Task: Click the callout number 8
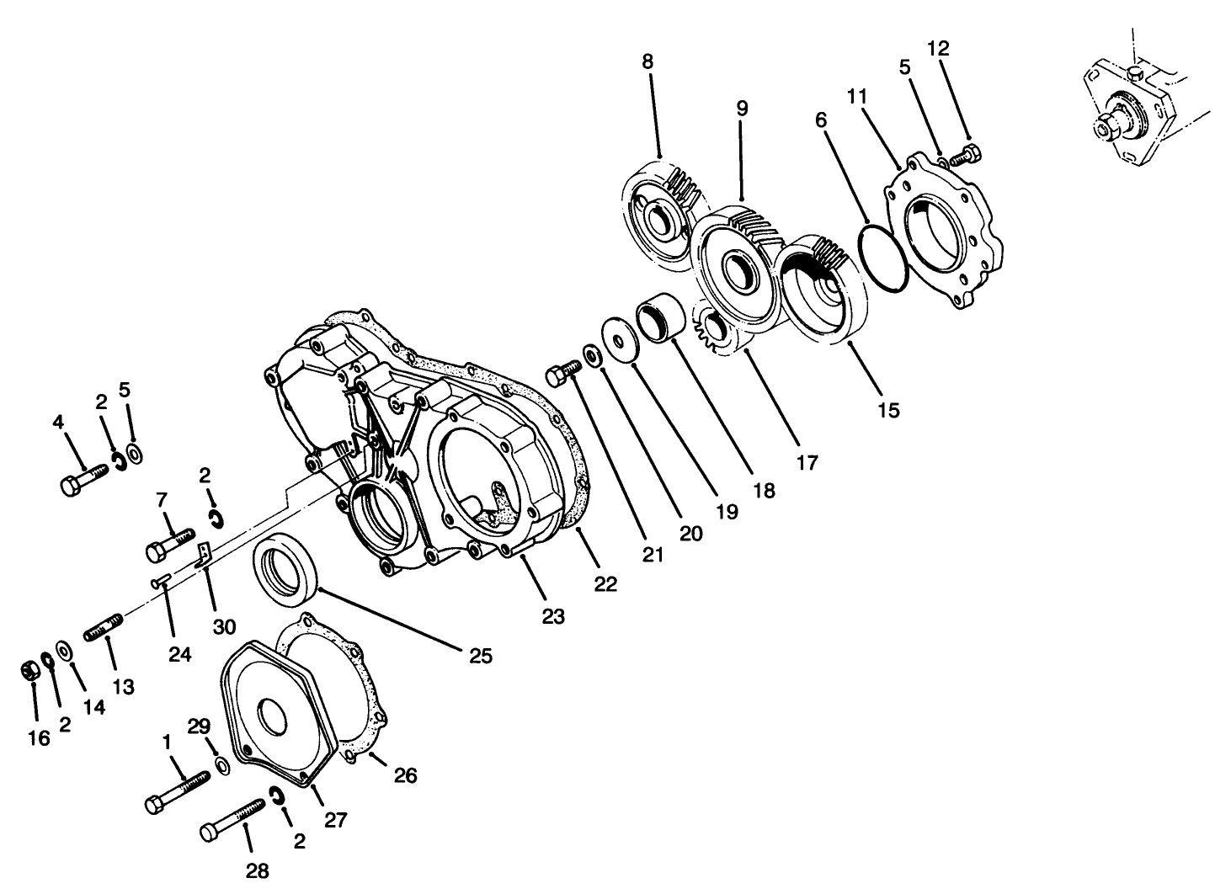[x=647, y=61]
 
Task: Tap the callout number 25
[x=480, y=656]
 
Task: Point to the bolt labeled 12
[x=966, y=156]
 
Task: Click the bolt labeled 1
[x=178, y=792]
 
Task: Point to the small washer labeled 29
[x=222, y=765]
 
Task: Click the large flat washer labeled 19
[x=620, y=340]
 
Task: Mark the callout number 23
[x=552, y=616]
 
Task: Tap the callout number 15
[x=888, y=410]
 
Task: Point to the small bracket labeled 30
[x=203, y=555]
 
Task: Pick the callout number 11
[x=857, y=97]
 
